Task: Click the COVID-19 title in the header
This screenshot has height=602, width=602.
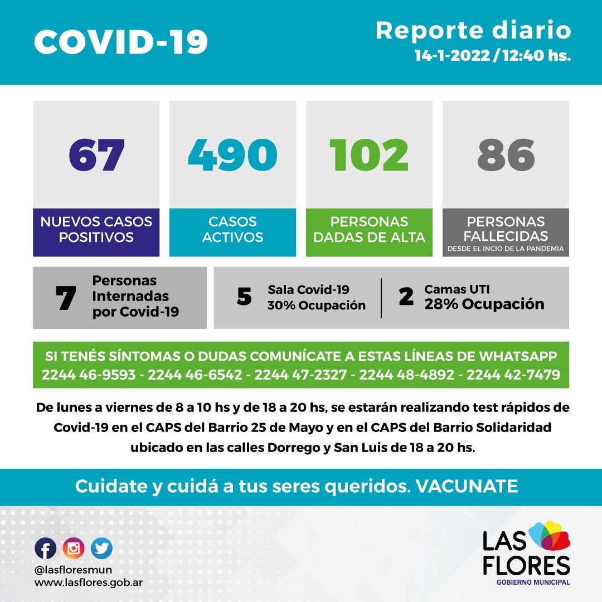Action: (x=121, y=41)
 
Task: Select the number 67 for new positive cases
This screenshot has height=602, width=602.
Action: (x=96, y=154)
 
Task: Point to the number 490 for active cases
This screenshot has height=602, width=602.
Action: (x=232, y=154)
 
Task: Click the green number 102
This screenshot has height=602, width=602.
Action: (x=369, y=154)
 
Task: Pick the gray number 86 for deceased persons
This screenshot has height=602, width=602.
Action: (x=506, y=154)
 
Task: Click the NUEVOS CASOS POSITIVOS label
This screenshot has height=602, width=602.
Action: (x=96, y=229)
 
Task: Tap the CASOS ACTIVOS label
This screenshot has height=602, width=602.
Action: (x=232, y=229)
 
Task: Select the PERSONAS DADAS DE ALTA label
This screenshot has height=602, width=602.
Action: (x=369, y=229)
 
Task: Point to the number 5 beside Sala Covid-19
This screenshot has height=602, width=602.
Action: (x=244, y=297)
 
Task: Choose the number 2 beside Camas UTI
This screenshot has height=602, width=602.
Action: (x=406, y=297)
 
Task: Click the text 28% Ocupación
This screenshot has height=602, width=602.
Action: (x=484, y=304)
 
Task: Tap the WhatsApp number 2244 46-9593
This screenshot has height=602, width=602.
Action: (x=89, y=375)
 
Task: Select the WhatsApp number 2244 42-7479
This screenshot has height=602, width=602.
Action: (x=513, y=375)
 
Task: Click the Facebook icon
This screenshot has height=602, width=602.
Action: (x=46, y=548)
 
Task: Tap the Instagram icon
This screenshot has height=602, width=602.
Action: (x=74, y=548)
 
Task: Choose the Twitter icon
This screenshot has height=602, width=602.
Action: (x=101, y=548)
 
